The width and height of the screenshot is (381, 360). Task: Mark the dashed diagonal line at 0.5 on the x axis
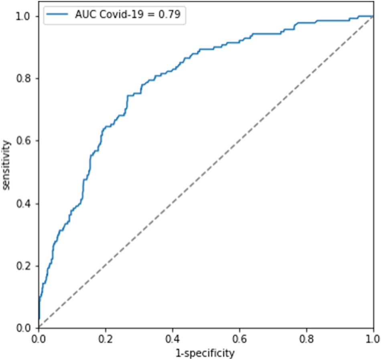(206, 172)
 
